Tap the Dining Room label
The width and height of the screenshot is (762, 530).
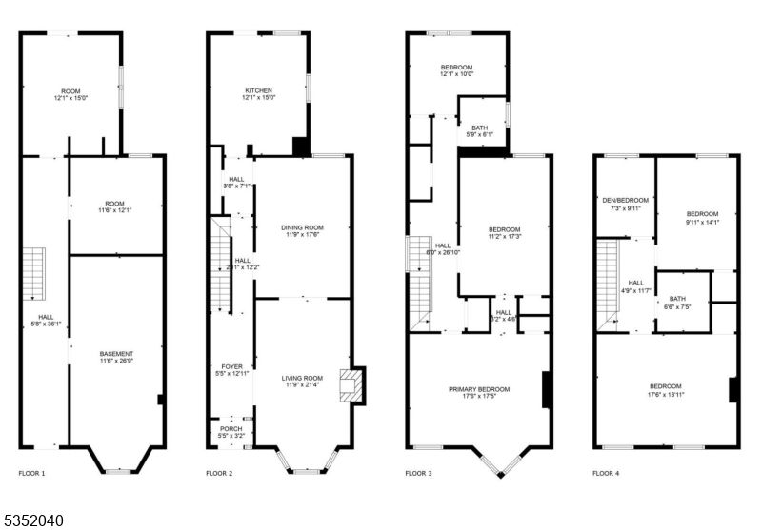[x=302, y=228]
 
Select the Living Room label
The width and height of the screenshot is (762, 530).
[x=302, y=380]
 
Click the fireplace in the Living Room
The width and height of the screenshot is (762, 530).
[x=354, y=387]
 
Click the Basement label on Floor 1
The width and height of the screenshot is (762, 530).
[x=116, y=354]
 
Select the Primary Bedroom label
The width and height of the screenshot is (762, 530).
[x=479, y=389]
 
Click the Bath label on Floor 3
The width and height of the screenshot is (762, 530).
[x=478, y=128]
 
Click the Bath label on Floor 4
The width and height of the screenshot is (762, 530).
[x=676, y=299]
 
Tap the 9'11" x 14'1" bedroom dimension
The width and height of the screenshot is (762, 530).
[x=702, y=222]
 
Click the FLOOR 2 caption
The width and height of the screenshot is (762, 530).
[x=221, y=473]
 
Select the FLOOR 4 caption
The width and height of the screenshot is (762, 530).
[x=606, y=473]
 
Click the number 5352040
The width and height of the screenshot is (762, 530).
[x=33, y=520]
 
